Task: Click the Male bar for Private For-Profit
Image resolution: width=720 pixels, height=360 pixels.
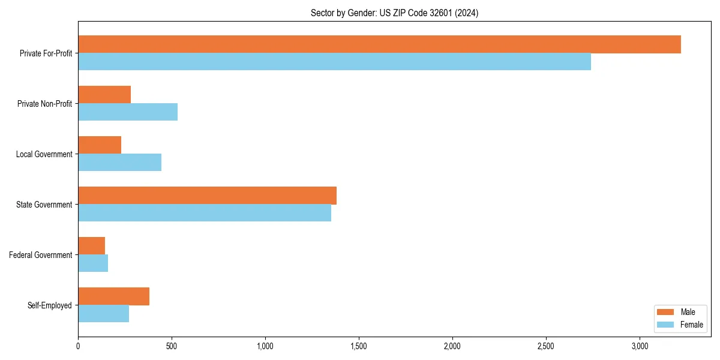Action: click(379, 44)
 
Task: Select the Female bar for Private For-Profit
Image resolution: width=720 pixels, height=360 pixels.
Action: click(334, 62)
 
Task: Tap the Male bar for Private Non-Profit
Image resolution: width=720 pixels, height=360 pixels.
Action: click(104, 95)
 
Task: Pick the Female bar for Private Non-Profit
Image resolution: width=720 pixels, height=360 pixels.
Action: click(128, 112)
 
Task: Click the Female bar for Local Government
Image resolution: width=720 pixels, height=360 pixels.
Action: click(119, 163)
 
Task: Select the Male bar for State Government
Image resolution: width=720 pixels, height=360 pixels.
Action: click(207, 196)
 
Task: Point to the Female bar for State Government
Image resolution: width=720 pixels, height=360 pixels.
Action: click(205, 213)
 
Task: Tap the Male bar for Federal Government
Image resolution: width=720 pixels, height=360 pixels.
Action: click(91, 246)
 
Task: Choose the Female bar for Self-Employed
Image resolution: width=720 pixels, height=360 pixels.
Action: click(103, 314)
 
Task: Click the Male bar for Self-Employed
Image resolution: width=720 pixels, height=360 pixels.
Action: click(113, 296)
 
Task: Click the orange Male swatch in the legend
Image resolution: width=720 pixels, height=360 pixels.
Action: click(666, 312)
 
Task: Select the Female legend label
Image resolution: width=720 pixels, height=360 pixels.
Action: click(692, 325)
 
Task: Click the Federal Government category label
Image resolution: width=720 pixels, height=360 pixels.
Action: click(41, 255)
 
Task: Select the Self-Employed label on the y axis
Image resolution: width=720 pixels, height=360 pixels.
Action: click(50, 305)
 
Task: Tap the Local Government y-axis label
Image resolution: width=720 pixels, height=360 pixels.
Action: click(44, 154)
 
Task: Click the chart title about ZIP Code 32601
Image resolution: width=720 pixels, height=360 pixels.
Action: click(394, 13)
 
